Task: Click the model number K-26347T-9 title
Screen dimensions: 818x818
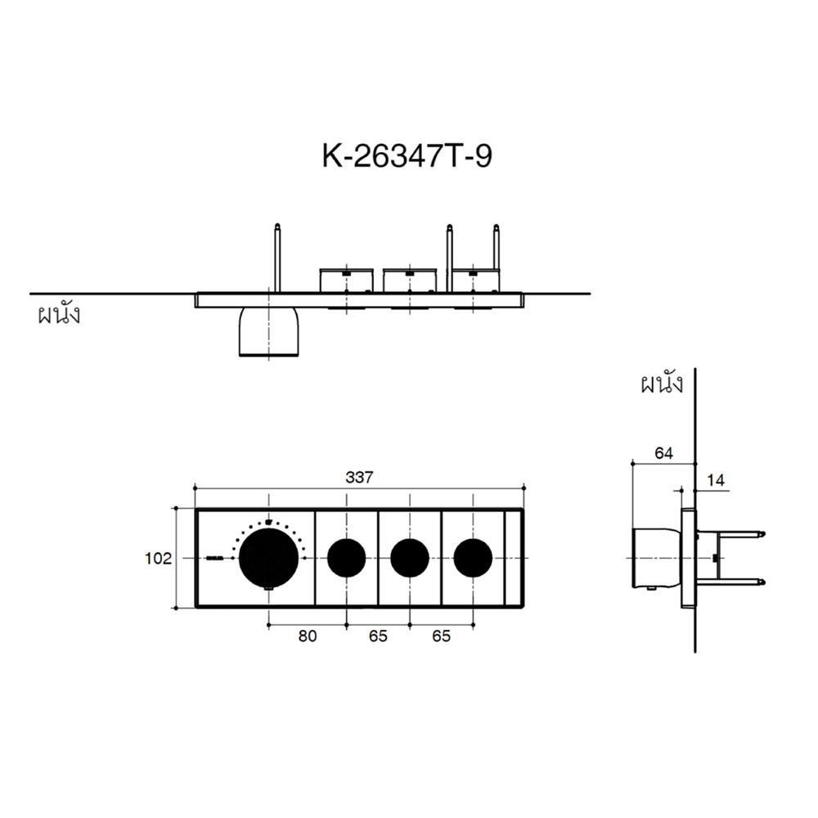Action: tap(407, 155)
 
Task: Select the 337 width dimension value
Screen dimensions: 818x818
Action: tap(359, 478)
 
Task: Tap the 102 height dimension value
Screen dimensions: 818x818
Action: tap(158, 559)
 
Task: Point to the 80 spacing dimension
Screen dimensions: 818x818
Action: tap(308, 636)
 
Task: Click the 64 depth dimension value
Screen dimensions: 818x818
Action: tap(663, 453)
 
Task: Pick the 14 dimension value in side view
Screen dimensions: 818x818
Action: tap(716, 480)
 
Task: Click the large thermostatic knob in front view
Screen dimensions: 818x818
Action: tap(268, 558)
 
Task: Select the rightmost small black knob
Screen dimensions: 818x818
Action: tap(473, 558)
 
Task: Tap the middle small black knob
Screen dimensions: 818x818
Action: tap(410, 558)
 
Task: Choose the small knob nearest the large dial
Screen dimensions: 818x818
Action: tap(346, 558)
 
